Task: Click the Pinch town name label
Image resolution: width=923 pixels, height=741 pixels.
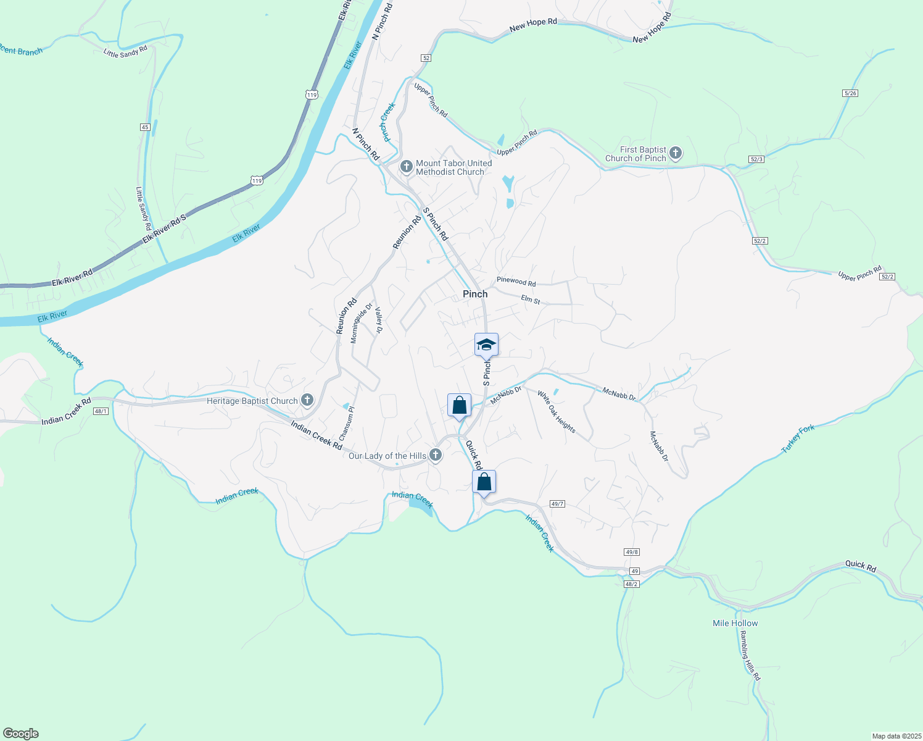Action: click(475, 294)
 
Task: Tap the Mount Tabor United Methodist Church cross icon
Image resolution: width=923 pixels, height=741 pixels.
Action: click(406, 166)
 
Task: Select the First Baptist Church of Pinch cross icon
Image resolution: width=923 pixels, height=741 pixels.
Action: click(676, 153)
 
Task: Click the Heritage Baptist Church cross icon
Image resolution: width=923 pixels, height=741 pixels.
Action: click(307, 400)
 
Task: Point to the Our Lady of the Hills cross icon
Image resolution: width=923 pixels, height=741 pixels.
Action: click(436, 456)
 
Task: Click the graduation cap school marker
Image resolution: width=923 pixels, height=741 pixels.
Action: click(486, 345)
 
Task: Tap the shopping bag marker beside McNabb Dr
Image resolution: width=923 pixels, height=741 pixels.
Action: click(459, 405)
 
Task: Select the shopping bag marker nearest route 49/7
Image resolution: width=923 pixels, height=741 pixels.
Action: click(484, 482)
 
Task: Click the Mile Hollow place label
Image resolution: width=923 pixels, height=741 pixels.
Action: click(735, 623)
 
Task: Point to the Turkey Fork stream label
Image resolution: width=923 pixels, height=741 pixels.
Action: click(798, 439)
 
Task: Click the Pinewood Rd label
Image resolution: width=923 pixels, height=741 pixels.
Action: click(516, 282)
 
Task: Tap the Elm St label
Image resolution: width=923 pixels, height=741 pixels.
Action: click(531, 300)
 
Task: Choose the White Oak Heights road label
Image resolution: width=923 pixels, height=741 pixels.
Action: click(557, 412)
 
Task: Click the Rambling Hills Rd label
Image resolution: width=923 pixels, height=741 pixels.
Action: click(750, 656)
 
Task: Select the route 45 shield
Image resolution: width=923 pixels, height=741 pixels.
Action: click(145, 127)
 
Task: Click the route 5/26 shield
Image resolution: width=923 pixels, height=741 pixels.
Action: click(850, 93)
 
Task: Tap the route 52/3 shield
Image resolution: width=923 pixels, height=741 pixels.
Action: click(756, 159)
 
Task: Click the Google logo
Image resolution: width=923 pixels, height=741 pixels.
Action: click(21, 734)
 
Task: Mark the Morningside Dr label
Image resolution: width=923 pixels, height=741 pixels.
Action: click(362, 323)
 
